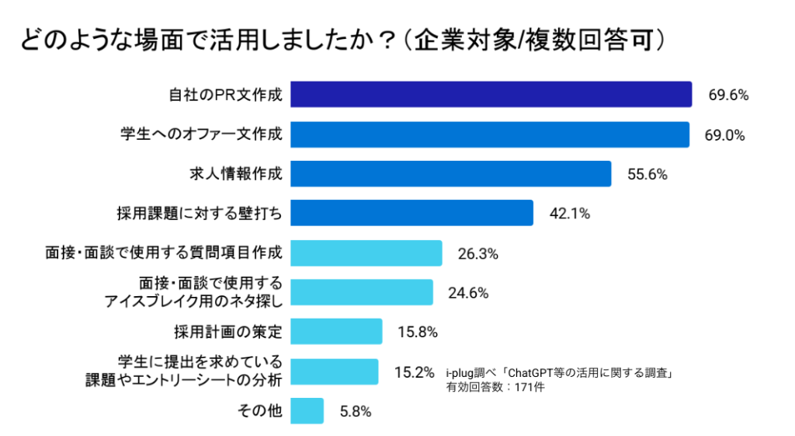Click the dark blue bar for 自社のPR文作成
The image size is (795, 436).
click(491, 94)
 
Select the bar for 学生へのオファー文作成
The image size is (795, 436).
click(489, 134)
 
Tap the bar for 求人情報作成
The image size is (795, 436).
click(450, 174)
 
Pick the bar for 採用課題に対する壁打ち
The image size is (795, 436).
click(411, 213)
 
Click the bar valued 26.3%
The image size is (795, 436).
click(366, 253)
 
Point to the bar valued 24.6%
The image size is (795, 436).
click(361, 292)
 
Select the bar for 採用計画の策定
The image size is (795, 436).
click(336, 332)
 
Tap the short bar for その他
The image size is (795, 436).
click(307, 411)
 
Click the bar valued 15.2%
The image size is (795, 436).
click(334, 371)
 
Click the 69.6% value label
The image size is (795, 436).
click(727, 96)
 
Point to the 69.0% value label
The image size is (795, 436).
click(724, 135)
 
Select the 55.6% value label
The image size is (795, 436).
click(647, 175)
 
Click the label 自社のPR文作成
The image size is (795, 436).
click(225, 95)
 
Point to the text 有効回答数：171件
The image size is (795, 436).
click(495, 386)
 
